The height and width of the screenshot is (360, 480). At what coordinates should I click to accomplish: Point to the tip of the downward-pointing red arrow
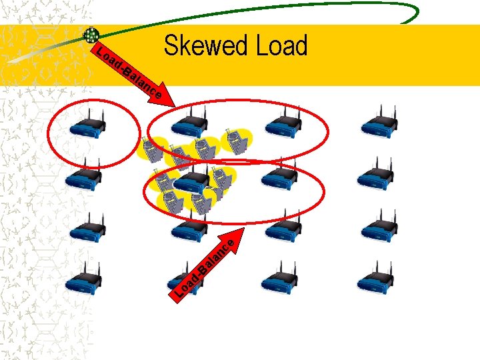tap(175, 107)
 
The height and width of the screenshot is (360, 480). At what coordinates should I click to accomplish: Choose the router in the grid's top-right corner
tap(378, 123)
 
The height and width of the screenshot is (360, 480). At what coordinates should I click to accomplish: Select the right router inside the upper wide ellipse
tap(283, 123)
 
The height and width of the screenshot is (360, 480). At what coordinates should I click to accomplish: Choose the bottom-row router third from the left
tap(282, 279)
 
